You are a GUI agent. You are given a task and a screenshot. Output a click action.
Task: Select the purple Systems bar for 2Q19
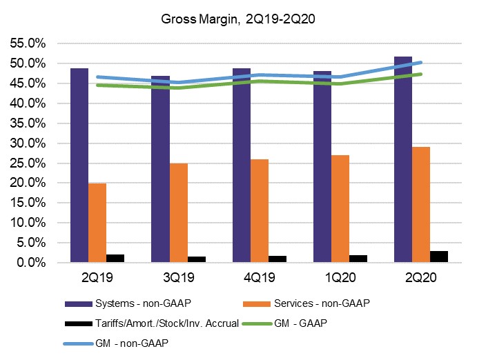pos(79,166)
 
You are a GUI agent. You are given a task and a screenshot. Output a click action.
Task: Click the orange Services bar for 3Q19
pos(179,213)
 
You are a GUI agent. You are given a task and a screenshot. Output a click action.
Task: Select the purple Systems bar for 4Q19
pos(241,166)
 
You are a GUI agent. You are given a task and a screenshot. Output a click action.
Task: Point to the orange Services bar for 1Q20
pos(340,209)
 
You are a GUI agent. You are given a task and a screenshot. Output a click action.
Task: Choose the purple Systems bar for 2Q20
pos(402,159)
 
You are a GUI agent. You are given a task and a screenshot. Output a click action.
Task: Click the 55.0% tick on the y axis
pos(28,43)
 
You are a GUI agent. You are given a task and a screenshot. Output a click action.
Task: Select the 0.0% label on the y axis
pos(30,263)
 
